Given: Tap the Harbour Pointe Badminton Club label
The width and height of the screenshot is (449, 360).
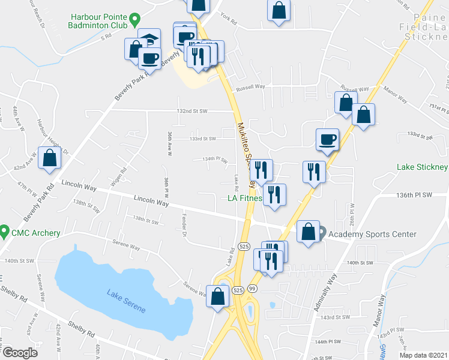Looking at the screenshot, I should point(99,22).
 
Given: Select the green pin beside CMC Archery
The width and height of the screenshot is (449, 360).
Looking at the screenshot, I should point(5,230).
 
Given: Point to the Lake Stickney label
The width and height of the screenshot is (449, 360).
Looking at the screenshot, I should point(422,167).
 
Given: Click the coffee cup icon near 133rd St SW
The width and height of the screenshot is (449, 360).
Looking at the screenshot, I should point(327,139).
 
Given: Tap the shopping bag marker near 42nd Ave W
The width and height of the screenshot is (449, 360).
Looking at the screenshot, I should point(50,159).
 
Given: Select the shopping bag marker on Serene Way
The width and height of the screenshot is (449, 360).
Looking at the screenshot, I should point(217,295).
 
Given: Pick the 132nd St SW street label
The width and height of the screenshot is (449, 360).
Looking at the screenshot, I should point(191,111).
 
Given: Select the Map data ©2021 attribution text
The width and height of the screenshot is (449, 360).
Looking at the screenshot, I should point(424,355).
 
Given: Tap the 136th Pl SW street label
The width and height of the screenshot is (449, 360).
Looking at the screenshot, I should point(414,195).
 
